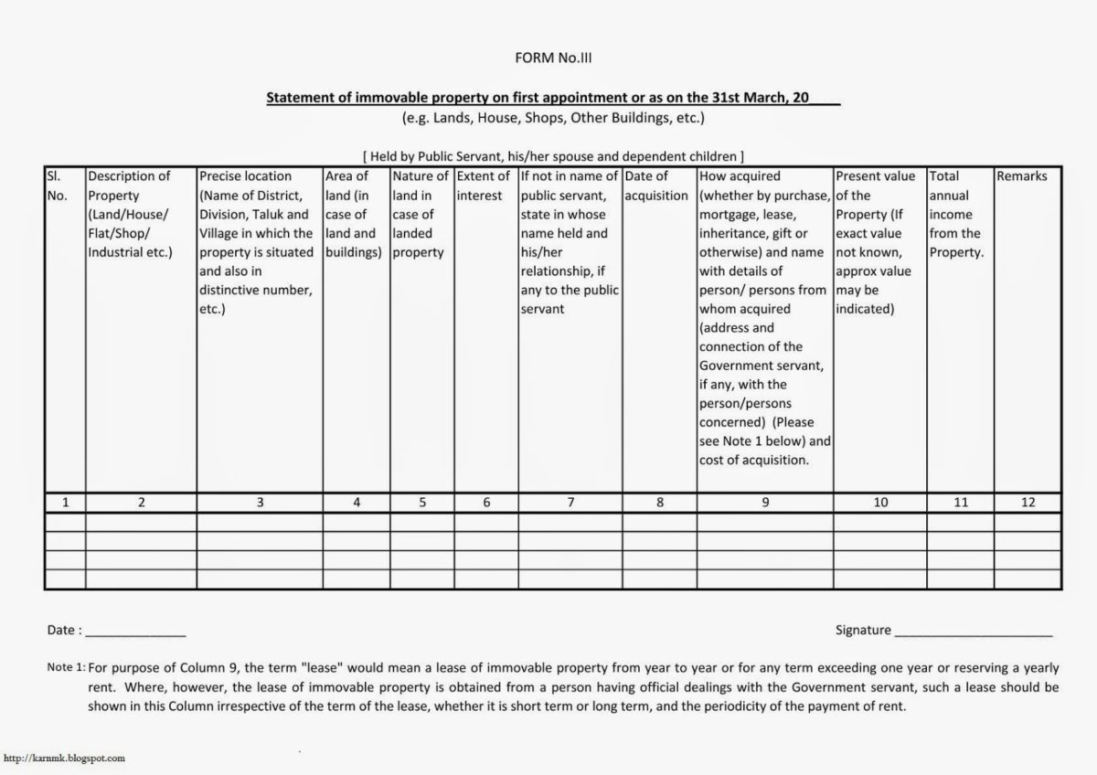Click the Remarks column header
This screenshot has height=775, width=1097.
(1022, 176)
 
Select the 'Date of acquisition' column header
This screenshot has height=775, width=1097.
(655, 186)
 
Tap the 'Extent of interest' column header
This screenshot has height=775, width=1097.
(483, 186)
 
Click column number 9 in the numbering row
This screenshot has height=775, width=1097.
(765, 503)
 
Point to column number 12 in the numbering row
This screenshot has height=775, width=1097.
(1028, 503)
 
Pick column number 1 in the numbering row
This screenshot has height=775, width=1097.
(66, 503)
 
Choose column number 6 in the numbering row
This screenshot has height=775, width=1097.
(486, 503)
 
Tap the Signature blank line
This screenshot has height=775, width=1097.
(974, 633)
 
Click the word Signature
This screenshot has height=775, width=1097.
(862, 630)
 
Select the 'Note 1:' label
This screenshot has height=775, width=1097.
(66, 668)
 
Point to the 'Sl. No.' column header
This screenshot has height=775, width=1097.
(57, 186)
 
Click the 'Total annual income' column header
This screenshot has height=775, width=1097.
(956, 214)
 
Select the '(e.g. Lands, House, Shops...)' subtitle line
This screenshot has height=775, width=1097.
(553, 118)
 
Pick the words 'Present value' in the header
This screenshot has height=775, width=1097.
(875, 176)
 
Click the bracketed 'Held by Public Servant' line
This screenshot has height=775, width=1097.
(553, 156)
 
